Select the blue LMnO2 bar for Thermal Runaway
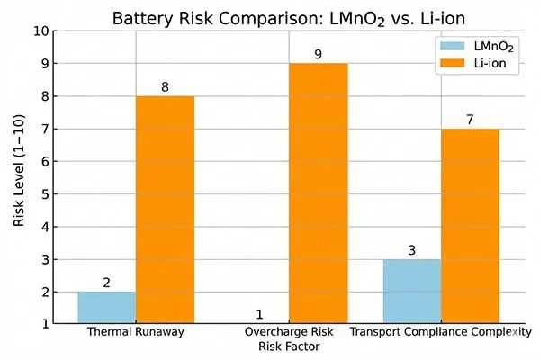(x=106, y=307)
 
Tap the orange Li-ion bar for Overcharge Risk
(x=318, y=193)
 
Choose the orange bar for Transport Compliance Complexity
(x=470, y=226)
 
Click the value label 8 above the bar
(x=165, y=87)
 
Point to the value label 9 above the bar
(x=318, y=55)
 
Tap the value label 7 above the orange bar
(x=470, y=120)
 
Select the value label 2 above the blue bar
(x=106, y=283)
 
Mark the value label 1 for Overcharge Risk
(x=259, y=315)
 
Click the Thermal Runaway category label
(x=136, y=332)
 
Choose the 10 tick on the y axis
(x=39, y=31)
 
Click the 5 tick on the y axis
(x=42, y=193)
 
